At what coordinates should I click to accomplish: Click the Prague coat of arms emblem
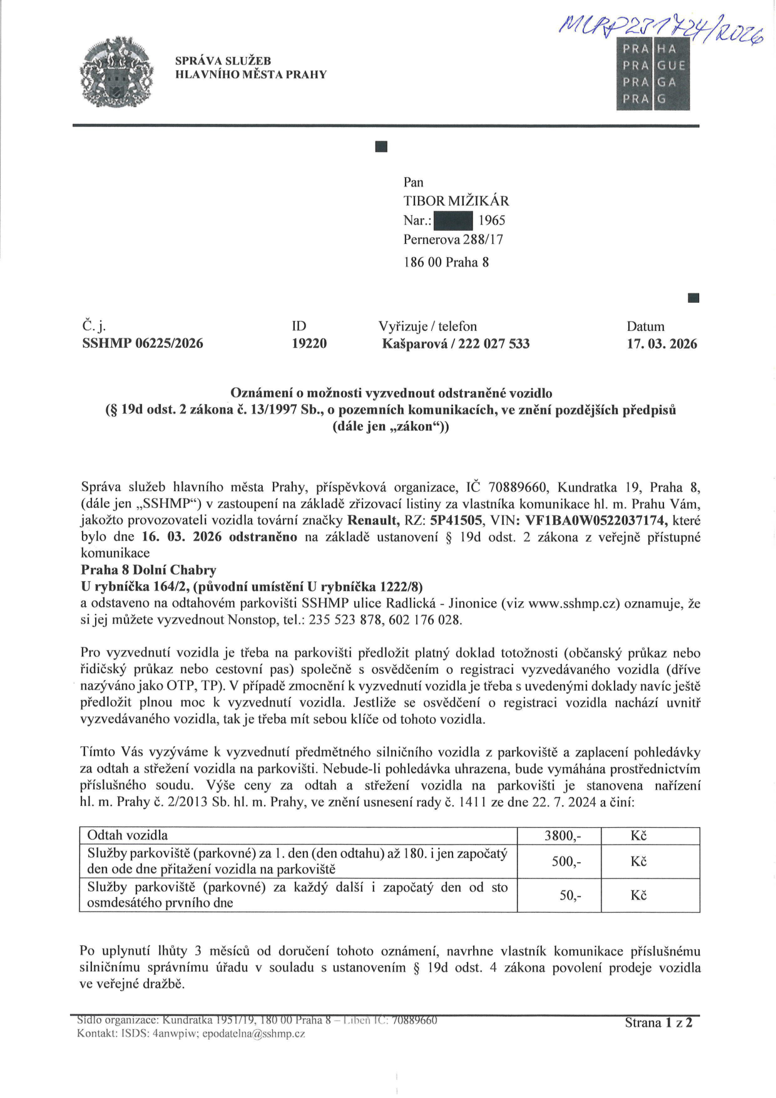point(117,72)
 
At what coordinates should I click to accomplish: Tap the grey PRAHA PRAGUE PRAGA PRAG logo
point(653,74)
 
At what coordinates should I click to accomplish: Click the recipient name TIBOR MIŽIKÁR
point(456,201)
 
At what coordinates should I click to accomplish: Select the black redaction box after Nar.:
point(453,221)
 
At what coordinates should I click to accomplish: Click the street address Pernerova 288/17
point(453,240)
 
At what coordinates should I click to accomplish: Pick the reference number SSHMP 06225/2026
point(143,343)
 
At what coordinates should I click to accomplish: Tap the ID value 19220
point(309,343)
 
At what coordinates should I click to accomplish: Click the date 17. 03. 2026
point(661,343)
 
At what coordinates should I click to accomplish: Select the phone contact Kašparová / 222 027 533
point(456,343)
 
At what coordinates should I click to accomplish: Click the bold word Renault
point(372,521)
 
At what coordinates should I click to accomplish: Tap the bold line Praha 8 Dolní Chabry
point(149,570)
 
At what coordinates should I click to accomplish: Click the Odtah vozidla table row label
point(128,836)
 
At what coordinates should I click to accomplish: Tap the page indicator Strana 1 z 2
point(658,1023)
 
